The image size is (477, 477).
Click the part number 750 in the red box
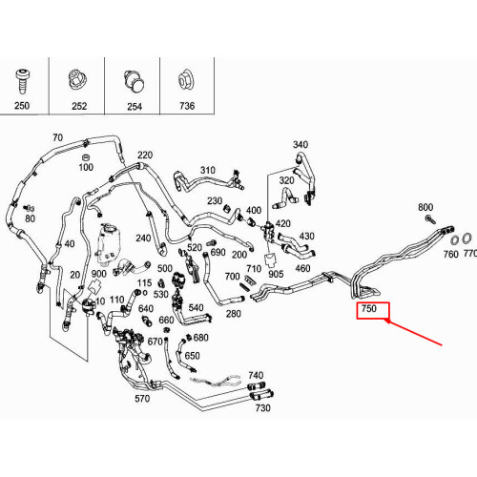368,308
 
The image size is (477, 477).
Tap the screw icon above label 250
22,81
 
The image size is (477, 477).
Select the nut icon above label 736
185,80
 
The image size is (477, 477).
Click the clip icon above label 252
78,79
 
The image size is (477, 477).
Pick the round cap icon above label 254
135,81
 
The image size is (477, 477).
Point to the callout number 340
301,145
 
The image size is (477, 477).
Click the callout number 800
425,207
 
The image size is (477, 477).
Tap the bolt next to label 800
430,219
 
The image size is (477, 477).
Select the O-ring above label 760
455,240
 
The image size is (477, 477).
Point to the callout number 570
142,399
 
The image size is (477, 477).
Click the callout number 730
262,408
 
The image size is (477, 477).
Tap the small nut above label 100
85,157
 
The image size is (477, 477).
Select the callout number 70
57,137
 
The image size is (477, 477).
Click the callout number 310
207,170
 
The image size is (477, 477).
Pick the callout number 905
276,274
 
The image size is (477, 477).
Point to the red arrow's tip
385,321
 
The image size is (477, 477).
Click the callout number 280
233,314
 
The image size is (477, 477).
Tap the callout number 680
200,338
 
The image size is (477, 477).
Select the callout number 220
145,156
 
